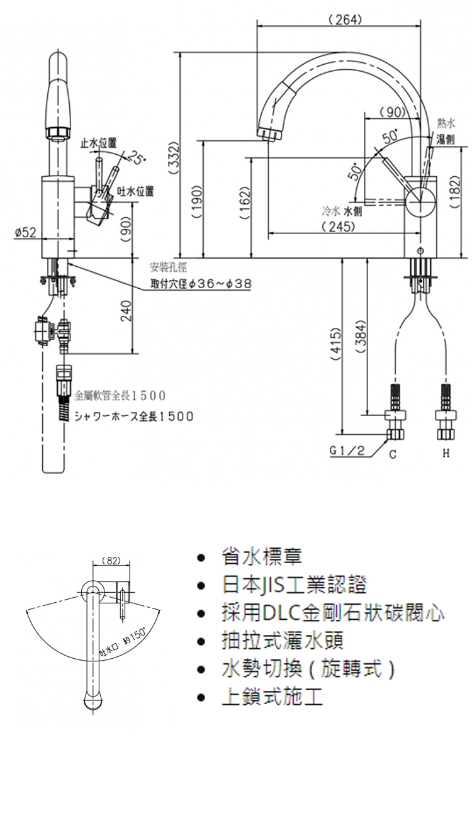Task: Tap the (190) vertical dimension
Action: (x=196, y=200)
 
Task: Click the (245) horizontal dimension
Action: (x=340, y=226)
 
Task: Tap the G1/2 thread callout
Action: (x=347, y=451)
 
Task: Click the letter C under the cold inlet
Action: (x=392, y=454)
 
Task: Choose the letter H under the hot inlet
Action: (x=445, y=453)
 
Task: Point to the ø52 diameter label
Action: (x=25, y=233)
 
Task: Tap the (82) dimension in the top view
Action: (x=111, y=560)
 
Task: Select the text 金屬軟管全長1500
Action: (x=120, y=396)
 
